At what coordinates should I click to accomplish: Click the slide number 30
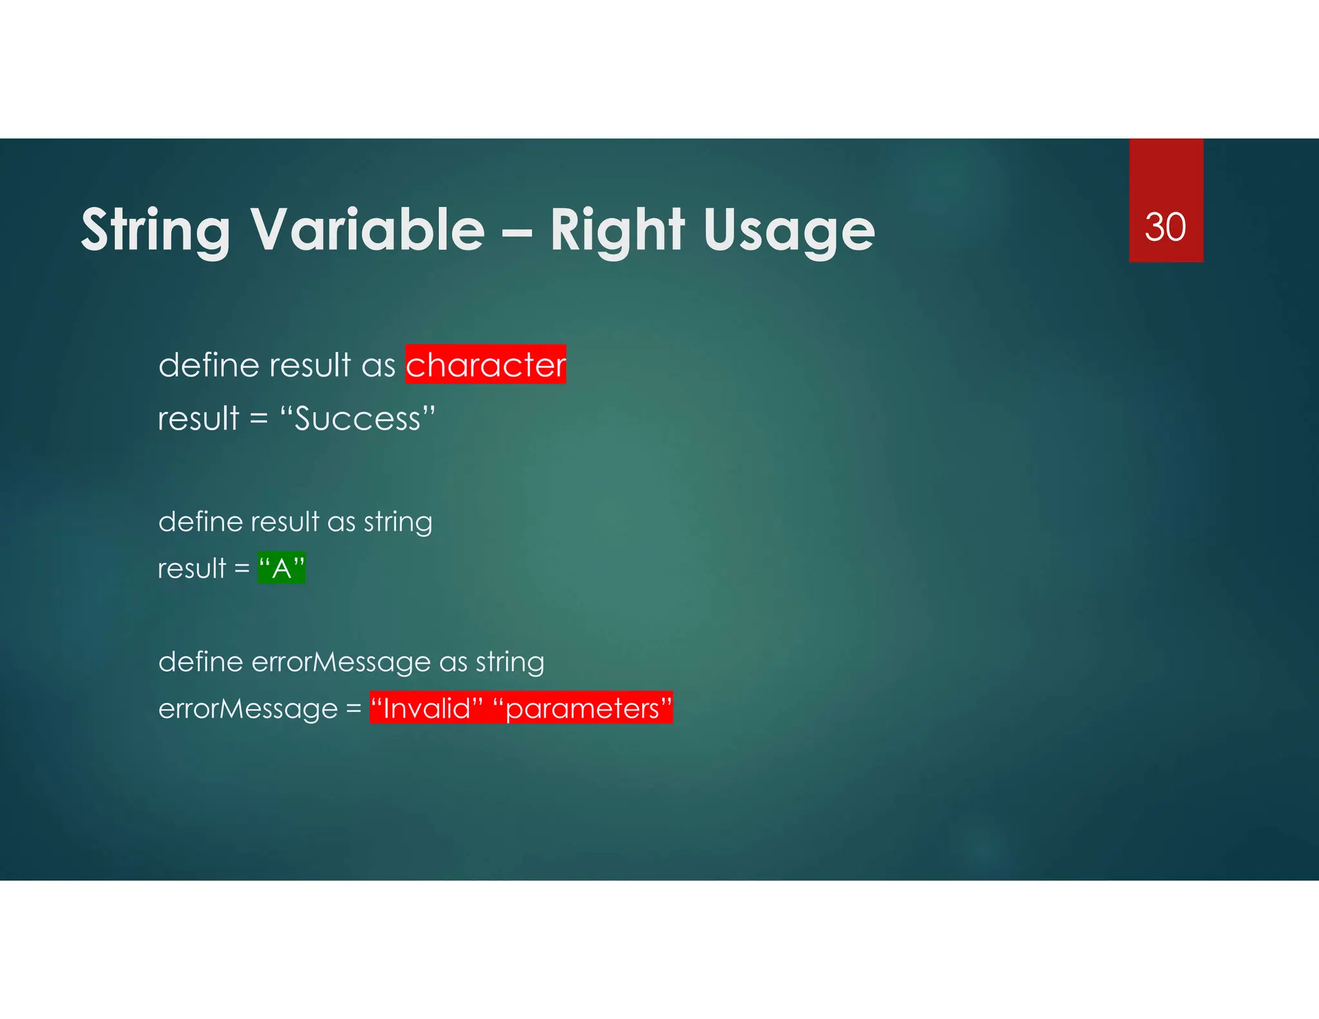(1165, 227)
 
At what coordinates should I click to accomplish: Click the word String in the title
(155, 231)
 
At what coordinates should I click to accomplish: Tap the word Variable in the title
(367, 231)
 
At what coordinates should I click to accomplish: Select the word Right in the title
(617, 231)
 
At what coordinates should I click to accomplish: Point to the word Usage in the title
(789, 231)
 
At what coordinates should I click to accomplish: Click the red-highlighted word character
(486, 365)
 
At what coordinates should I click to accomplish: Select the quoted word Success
(357, 419)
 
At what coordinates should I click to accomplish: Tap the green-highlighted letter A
(281, 568)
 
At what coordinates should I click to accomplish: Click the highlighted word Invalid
(426, 708)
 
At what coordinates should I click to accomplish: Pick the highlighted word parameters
(582, 709)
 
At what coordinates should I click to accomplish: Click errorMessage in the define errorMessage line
(341, 662)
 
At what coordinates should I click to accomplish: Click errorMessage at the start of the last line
(248, 709)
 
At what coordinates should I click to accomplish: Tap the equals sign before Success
(259, 419)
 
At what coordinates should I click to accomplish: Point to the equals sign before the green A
(242, 569)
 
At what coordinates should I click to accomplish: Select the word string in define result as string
(398, 522)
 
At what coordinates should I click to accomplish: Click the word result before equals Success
(198, 419)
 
